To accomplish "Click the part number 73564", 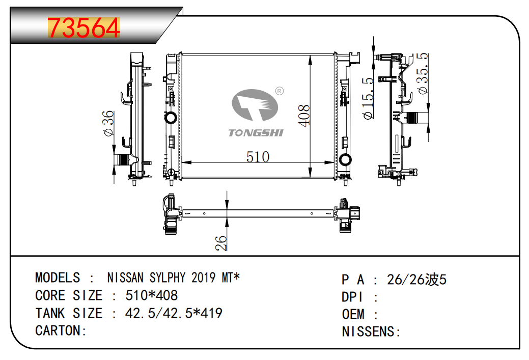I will pyautogui.click(x=83, y=29).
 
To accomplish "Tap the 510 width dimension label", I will pyautogui.click(x=258, y=157).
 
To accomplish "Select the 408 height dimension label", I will pyautogui.click(x=303, y=116).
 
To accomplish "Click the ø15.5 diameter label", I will pyautogui.click(x=368, y=98).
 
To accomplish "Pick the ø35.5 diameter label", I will pyautogui.click(x=422, y=73).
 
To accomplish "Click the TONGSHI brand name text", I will pyautogui.click(x=256, y=133).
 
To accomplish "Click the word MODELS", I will pyautogui.click(x=58, y=278).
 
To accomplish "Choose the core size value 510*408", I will pyautogui.click(x=151, y=295).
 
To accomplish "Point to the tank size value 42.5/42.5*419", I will pyautogui.click(x=174, y=313).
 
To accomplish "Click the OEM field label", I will pyautogui.click(x=353, y=314).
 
